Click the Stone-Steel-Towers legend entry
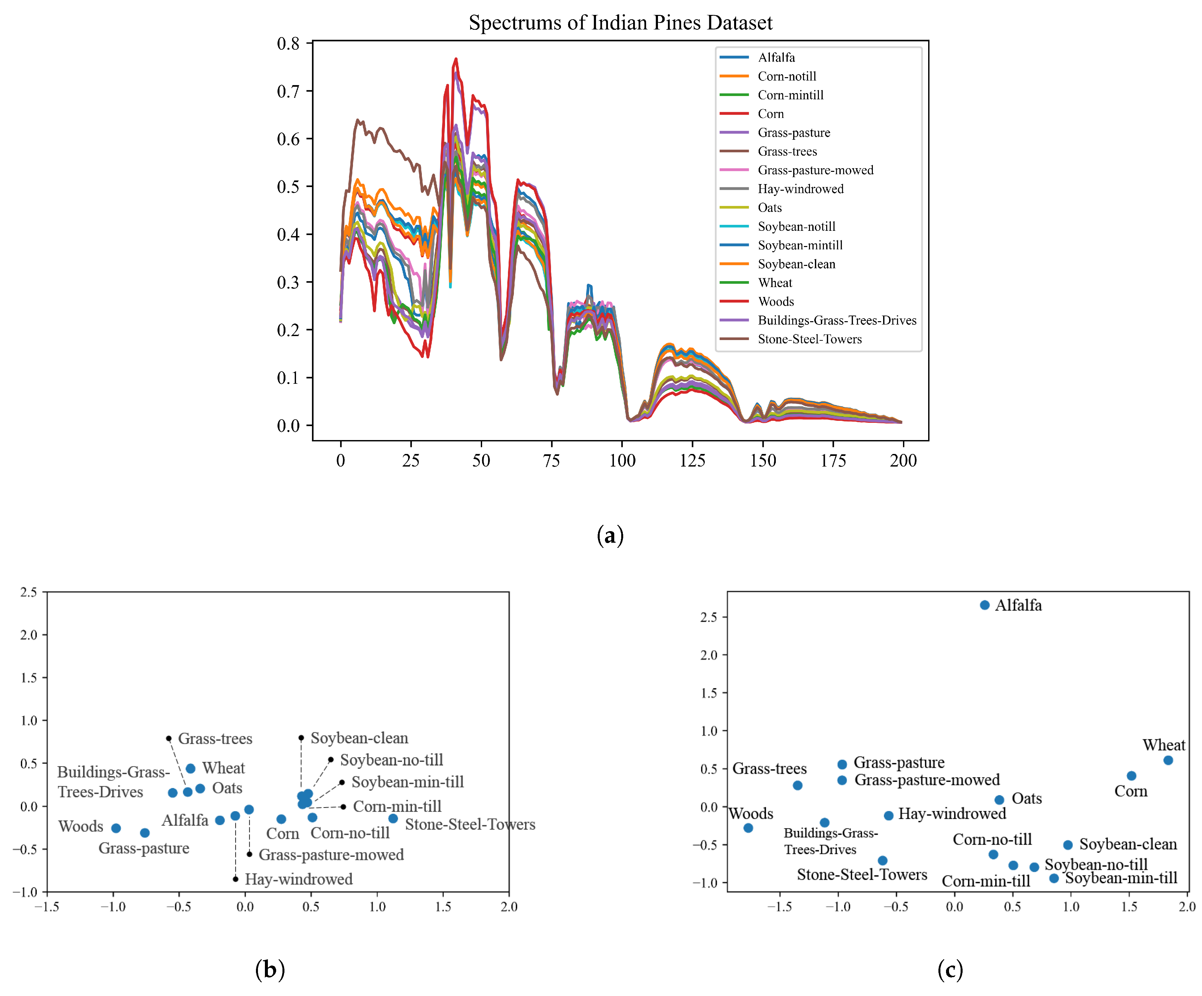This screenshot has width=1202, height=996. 809,339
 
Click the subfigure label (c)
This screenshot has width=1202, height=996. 950,970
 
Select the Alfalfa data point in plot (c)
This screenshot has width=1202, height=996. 984,605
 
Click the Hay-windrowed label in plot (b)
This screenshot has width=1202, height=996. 298,879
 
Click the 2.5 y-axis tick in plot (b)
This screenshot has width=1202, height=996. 28,592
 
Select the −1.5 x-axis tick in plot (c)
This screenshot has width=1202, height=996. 779,907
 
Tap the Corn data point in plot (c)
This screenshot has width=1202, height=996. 1131,775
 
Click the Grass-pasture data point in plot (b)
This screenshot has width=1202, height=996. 145,833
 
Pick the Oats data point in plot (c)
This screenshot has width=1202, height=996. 999,800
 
